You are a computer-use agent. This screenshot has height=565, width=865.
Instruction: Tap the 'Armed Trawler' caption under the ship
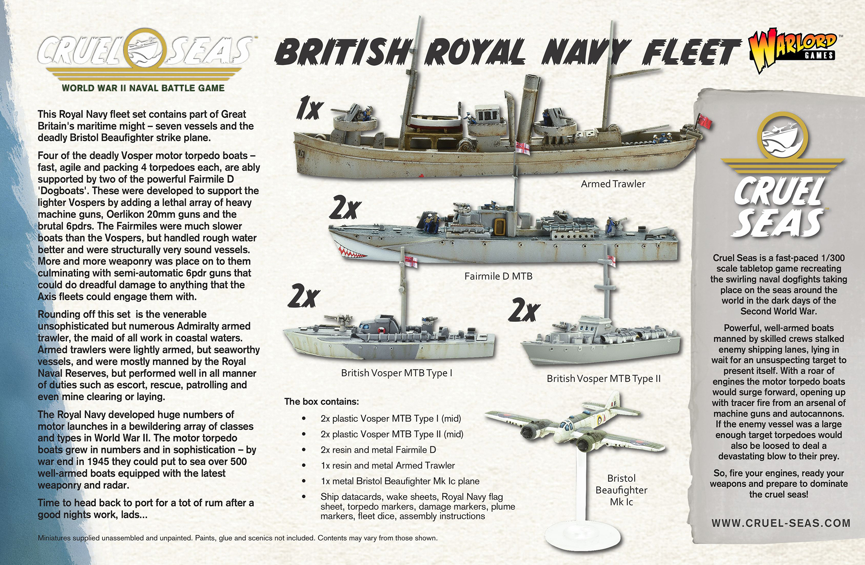click(x=613, y=184)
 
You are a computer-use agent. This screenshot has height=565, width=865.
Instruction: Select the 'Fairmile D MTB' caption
click(x=498, y=277)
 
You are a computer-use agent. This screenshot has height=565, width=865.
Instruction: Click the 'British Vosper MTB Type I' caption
click(x=397, y=373)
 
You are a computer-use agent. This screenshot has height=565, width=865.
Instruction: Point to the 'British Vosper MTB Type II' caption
click(x=604, y=379)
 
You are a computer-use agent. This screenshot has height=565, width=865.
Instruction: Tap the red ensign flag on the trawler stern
click(x=704, y=121)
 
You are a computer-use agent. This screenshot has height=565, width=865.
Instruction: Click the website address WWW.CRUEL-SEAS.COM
click(x=781, y=523)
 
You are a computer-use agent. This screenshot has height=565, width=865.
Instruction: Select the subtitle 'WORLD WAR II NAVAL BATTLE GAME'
click(x=143, y=88)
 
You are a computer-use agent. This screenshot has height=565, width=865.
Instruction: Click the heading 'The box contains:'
click(x=321, y=402)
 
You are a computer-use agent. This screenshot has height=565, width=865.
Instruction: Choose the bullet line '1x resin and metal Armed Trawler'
click(x=388, y=466)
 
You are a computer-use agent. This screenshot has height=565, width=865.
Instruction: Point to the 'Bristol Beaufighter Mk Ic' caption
click(x=621, y=490)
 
